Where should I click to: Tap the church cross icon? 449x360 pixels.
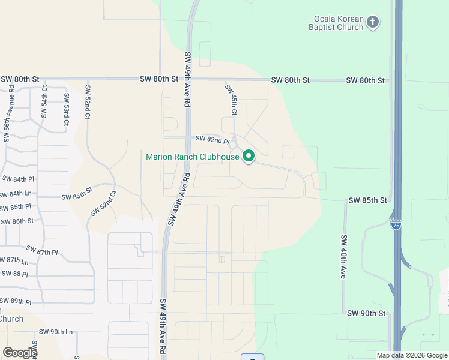(373, 23)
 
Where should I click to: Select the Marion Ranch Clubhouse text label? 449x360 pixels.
(192, 157)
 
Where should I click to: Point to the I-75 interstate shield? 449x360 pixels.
(396, 224)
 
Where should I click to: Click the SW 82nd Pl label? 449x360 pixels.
(212, 140)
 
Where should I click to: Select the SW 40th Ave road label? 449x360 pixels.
(344, 256)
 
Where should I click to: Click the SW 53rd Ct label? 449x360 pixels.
(65, 113)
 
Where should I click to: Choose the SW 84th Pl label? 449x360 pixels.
(18, 179)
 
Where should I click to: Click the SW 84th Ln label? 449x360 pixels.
(16, 194)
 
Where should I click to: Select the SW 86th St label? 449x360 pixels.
(17, 221)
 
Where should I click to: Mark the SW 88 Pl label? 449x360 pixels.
(15, 274)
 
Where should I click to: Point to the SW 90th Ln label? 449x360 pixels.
(56, 332)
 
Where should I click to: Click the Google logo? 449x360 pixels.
(20, 352)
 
